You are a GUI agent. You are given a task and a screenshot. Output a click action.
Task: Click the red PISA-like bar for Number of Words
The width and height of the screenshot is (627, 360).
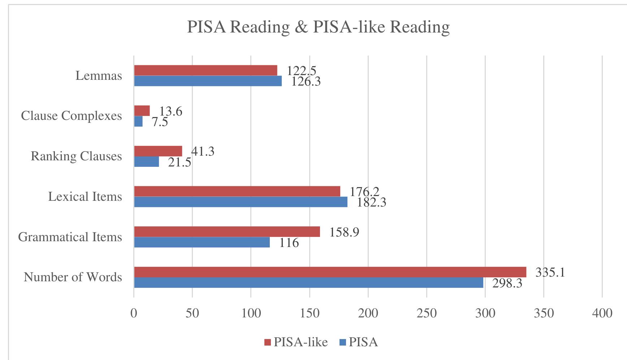pyautogui.click(x=330, y=272)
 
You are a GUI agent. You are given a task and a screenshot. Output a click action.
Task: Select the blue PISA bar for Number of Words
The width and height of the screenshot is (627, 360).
pyautogui.click(x=308, y=283)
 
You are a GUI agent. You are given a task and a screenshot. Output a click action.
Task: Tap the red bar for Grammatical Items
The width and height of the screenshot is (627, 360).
pyautogui.click(x=227, y=231)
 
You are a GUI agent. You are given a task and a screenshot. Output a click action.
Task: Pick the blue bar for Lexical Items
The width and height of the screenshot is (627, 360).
pyautogui.click(x=241, y=202)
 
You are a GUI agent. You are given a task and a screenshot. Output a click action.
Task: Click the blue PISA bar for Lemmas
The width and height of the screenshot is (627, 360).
pyautogui.click(x=208, y=81)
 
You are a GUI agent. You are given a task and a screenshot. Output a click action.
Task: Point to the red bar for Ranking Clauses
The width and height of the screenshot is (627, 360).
pyautogui.click(x=158, y=151)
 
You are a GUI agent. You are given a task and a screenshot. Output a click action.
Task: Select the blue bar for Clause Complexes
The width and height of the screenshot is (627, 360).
pyautogui.click(x=138, y=121)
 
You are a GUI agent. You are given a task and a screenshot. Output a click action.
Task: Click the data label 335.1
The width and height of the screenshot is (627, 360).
pyautogui.click(x=550, y=272)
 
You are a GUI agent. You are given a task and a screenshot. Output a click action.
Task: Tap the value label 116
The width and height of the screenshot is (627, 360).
pyautogui.click(x=289, y=243)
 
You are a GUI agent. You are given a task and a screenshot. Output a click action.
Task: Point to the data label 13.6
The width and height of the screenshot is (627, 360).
pyautogui.click(x=170, y=111)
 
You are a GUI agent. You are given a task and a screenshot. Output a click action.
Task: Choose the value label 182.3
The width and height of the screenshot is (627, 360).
pyautogui.click(x=371, y=202)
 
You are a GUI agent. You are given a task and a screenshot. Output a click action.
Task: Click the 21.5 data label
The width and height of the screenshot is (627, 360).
pyautogui.click(x=180, y=162)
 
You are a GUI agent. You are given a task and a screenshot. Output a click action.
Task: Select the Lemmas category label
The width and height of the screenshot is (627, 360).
pyautogui.click(x=99, y=76)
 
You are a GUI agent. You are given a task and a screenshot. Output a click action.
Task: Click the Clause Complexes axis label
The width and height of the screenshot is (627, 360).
pyautogui.click(x=72, y=116)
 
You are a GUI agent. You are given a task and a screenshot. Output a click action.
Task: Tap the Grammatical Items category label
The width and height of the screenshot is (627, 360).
pyautogui.click(x=70, y=237)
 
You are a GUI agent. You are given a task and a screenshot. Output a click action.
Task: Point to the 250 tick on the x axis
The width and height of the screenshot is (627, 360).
pyautogui.click(x=427, y=313)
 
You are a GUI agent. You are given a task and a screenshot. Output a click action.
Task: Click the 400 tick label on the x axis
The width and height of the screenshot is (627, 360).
pyautogui.click(x=602, y=313)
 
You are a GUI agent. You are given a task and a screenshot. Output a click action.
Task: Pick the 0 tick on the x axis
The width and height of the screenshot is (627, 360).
pyautogui.click(x=134, y=313)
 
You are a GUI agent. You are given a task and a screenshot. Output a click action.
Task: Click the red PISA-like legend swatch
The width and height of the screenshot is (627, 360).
pyautogui.click(x=268, y=342)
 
